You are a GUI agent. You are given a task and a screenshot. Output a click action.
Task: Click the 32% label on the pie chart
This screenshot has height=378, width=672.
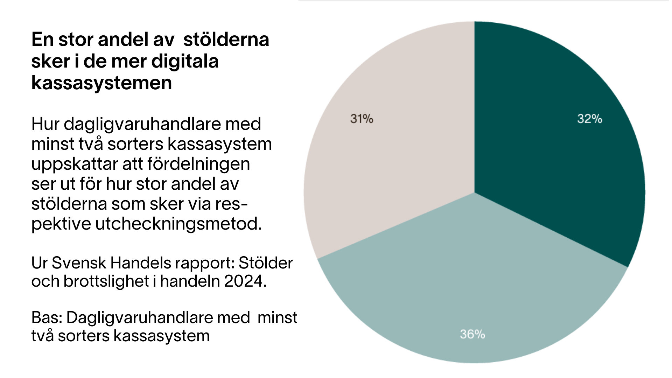tap(589, 119)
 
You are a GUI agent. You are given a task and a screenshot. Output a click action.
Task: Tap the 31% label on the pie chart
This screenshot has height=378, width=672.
tap(362, 119)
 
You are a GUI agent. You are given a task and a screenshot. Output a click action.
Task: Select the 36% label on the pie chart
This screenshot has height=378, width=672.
tap(472, 334)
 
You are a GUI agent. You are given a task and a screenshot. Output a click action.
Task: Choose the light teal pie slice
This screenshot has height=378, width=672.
tap(472, 280)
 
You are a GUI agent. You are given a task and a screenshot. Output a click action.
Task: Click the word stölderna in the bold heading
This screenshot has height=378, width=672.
tap(226, 39)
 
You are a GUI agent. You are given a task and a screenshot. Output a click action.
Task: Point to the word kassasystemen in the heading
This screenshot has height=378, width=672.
tap(101, 83)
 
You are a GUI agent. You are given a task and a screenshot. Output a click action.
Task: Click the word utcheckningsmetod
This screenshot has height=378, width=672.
tap(178, 224)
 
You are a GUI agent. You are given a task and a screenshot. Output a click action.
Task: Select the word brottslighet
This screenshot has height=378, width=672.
tap(106, 281)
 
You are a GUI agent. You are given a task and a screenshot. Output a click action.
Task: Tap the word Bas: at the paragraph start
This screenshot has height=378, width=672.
tap(47, 318)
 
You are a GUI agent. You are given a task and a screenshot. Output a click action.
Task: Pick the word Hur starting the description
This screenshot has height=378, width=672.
tap(45, 124)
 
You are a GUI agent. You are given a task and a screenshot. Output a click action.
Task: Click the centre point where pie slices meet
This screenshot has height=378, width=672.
tap(475, 192)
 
